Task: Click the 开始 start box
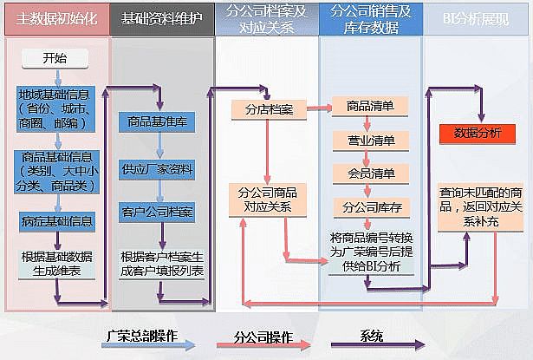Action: point(54,59)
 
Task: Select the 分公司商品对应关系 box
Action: point(268,200)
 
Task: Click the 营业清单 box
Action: point(371,140)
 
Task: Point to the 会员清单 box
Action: point(371,173)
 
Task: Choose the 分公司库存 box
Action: point(371,207)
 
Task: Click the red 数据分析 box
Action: point(478,133)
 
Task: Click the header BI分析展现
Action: point(477,17)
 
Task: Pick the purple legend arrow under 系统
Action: point(372,344)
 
